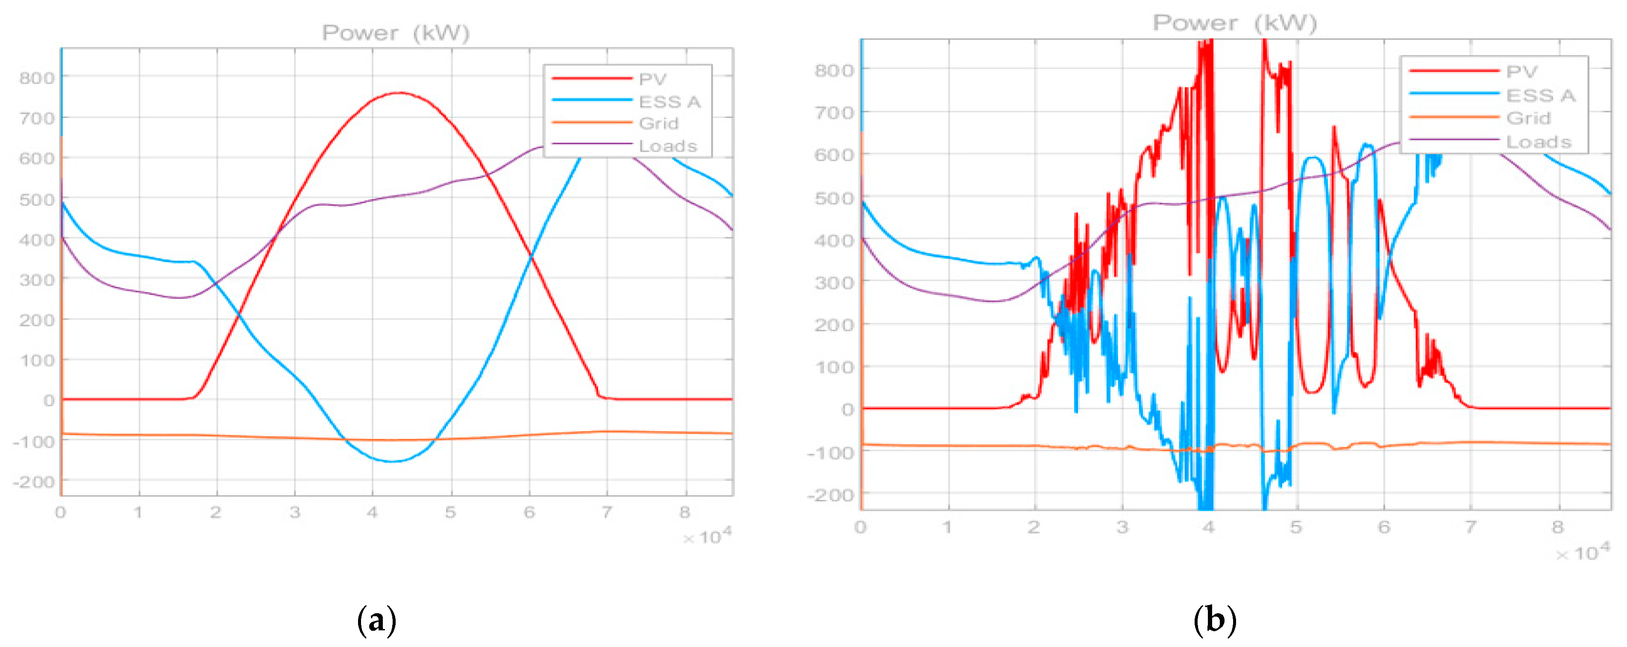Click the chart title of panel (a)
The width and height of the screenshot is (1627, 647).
396,33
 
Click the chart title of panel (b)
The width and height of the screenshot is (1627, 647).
1235,24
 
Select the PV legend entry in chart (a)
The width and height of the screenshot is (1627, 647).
652,79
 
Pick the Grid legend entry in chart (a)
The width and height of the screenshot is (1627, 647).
658,123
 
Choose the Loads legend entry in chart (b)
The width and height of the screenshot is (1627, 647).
1539,142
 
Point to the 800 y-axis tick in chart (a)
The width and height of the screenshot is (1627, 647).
37,78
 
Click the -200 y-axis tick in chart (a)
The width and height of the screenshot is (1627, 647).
33,482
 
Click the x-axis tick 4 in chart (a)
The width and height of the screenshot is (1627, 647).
372,512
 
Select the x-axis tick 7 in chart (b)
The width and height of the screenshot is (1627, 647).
1470,527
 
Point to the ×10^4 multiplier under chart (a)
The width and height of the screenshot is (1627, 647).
708,537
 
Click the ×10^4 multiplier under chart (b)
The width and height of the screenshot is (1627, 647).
1582,553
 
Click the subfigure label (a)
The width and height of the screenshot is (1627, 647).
377,621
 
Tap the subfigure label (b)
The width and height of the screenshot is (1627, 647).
1215,621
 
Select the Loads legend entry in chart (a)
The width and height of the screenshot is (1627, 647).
668,146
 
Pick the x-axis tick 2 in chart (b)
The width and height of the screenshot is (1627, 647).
1034,527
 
